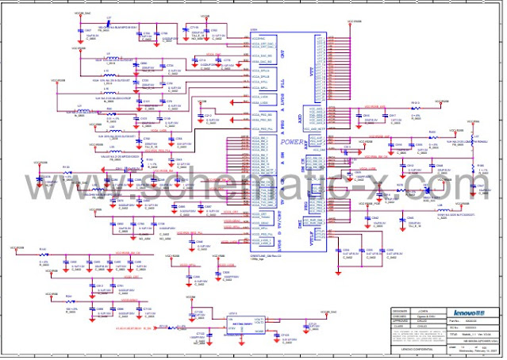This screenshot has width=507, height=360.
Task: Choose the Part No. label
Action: click(x=455, y=320)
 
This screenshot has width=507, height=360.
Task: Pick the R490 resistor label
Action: click(x=432, y=132)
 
